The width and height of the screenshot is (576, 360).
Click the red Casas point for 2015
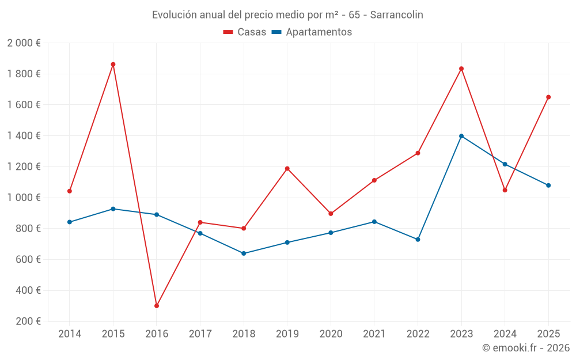click(113, 65)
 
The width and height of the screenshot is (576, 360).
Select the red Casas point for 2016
click(157, 306)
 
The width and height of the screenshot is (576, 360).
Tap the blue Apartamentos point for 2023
click(461, 136)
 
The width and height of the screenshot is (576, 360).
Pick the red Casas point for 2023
click(461, 69)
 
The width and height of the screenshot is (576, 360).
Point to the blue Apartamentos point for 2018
click(244, 253)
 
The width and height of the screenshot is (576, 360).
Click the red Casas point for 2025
click(548, 97)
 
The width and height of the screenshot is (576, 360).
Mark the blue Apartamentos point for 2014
click(70, 222)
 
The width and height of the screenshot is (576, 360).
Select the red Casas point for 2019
click(287, 169)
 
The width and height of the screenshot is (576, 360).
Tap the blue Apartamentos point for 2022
click(418, 240)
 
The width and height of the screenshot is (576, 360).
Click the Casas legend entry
click(245, 32)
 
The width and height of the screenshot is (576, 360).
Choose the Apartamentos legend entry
click(312, 32)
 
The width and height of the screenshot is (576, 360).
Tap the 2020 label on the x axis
click(331, 334)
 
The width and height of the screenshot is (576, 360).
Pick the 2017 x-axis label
click(200, 334)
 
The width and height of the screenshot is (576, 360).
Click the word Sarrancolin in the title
click(396, 15)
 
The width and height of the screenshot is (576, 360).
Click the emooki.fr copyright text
click(526, 348)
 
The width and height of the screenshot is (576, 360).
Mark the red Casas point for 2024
click(505, 190)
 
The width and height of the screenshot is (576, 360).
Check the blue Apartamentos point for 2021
click(374, 222)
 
